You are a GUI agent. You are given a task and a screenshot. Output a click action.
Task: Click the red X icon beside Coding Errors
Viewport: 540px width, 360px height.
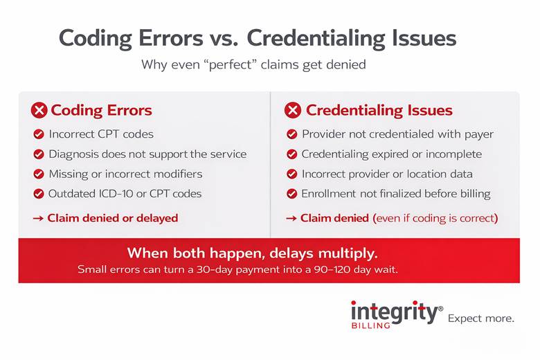pyautogui.click(x=39, y=111)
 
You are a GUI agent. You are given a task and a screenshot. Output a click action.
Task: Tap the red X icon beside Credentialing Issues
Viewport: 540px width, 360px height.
pyautogui.click(x=294, y=111)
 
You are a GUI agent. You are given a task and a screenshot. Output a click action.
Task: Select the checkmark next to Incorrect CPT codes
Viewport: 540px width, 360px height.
pyautogui.click(x=39, y=134)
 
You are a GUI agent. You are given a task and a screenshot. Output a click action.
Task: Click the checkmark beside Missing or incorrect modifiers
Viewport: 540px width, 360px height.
pyautogui.click(x=39, y=174)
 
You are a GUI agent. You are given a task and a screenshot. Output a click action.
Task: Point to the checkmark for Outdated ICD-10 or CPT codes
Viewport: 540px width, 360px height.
pyautogui.click(x=39, y=194)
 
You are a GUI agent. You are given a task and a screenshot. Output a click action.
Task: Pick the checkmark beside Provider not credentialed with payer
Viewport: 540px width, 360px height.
pyautogui.click(x=292, y=134)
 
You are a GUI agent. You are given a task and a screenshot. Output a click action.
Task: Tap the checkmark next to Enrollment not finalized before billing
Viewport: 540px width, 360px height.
pyautogui.click(x=292, y=194)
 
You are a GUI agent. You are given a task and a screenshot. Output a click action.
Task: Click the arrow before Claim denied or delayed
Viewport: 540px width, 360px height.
pyautogui.click(x=38, y=218)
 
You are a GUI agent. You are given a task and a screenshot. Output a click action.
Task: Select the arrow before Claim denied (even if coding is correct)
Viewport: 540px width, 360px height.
pyautogui.click(x=291, y=218)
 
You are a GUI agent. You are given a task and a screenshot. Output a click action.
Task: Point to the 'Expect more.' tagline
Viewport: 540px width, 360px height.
pyautogui.click(x=481, y=318)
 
